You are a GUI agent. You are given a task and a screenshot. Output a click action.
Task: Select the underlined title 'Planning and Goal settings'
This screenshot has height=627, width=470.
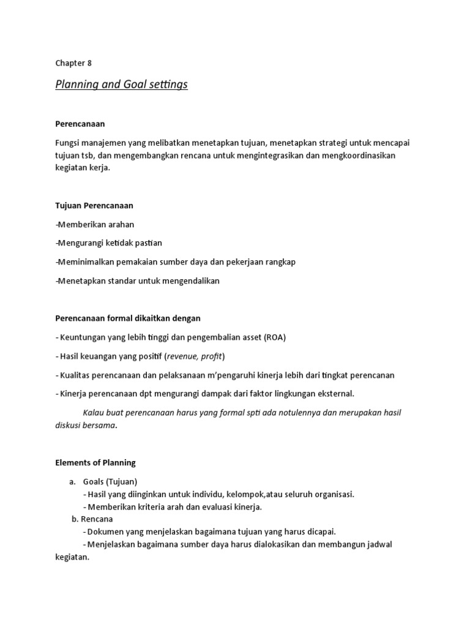tap(121, 84)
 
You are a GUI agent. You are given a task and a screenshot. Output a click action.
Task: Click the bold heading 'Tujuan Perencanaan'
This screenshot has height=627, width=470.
tap(94, 206)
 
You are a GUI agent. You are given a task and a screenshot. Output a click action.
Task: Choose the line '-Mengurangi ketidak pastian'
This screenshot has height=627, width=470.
tap(109, 243)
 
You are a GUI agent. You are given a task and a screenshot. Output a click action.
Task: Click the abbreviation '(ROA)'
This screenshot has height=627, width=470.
tap(275, 337)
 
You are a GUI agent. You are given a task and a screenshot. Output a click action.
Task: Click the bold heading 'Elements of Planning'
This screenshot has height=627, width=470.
tap(95, 462)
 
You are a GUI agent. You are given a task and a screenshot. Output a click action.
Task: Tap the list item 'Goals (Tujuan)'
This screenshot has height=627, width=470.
tap(110, 481)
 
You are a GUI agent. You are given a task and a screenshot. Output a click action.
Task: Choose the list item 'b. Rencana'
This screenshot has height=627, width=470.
tap(92, 519)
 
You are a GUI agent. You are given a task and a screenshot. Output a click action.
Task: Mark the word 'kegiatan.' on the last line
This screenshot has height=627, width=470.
tap(72, 558)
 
